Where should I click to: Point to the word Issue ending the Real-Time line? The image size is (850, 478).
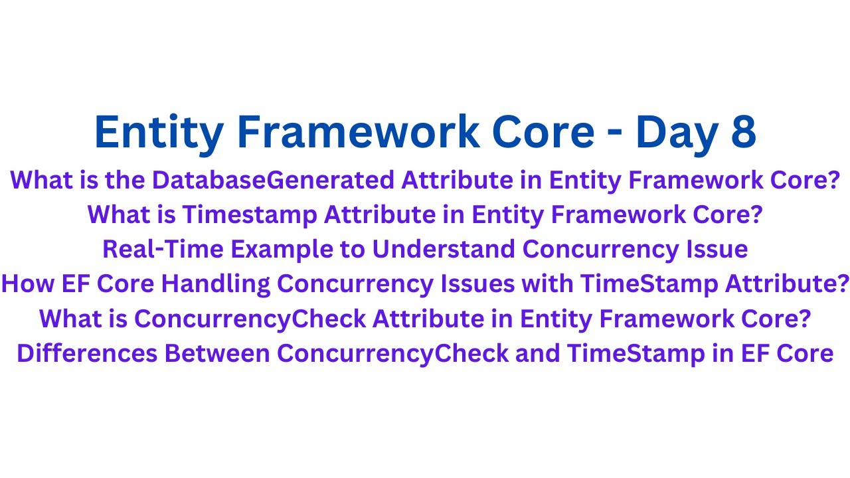pyautogui.click(x=714, y=249)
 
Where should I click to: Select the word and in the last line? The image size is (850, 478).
pyautogui.click(x=539, y=353)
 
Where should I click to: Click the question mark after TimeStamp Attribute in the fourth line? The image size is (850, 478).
pyautogui.click(x=843, y=283)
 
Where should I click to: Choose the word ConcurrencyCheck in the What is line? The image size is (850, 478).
pyautogui.click(x=249, y=319)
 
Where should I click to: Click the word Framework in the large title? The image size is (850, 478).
pyautogui.click(x=358, y=131)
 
